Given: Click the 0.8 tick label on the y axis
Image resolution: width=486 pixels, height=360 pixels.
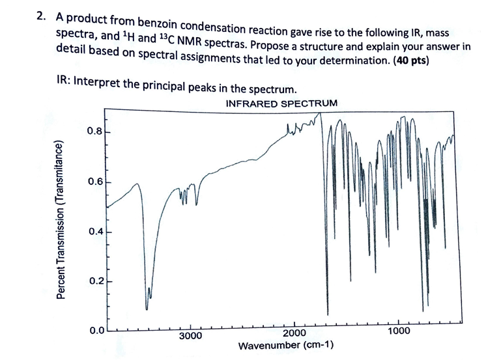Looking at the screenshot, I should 94,132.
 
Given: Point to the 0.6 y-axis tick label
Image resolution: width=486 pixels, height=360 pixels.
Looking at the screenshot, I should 94,182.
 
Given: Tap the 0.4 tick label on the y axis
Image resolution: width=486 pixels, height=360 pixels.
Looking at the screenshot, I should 94,231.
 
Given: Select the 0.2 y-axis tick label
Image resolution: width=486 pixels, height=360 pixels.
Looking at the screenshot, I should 94,281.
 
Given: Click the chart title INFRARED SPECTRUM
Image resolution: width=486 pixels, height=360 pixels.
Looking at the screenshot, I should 281,104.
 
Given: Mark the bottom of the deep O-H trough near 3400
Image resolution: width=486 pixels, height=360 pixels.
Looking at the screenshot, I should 147,306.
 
